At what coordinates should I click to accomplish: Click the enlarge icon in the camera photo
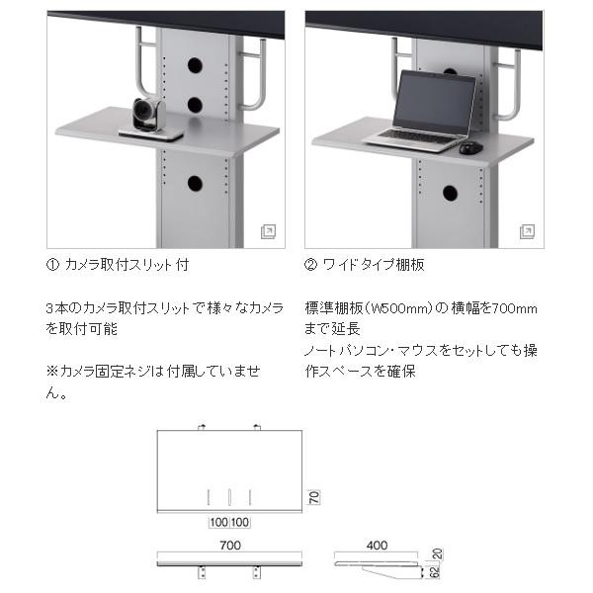pyautogui.click(x=268, y=231)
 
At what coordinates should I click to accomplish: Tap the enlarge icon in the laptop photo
pyautogui.click(x=527, y=231)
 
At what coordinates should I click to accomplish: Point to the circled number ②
pyautogui.click(x=311, y=265)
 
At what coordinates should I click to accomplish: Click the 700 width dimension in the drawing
pyautogui.click(x=230, y=545)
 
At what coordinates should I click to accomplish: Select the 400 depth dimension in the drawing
pyautogui.click(x=377, y=545)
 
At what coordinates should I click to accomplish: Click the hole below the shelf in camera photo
pyautogui.click(x=195, y=183)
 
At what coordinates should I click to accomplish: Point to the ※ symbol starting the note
pyautogui.click(x=52, y=372)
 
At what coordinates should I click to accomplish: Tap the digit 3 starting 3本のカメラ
pyautogui.click(x=49, y=307)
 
